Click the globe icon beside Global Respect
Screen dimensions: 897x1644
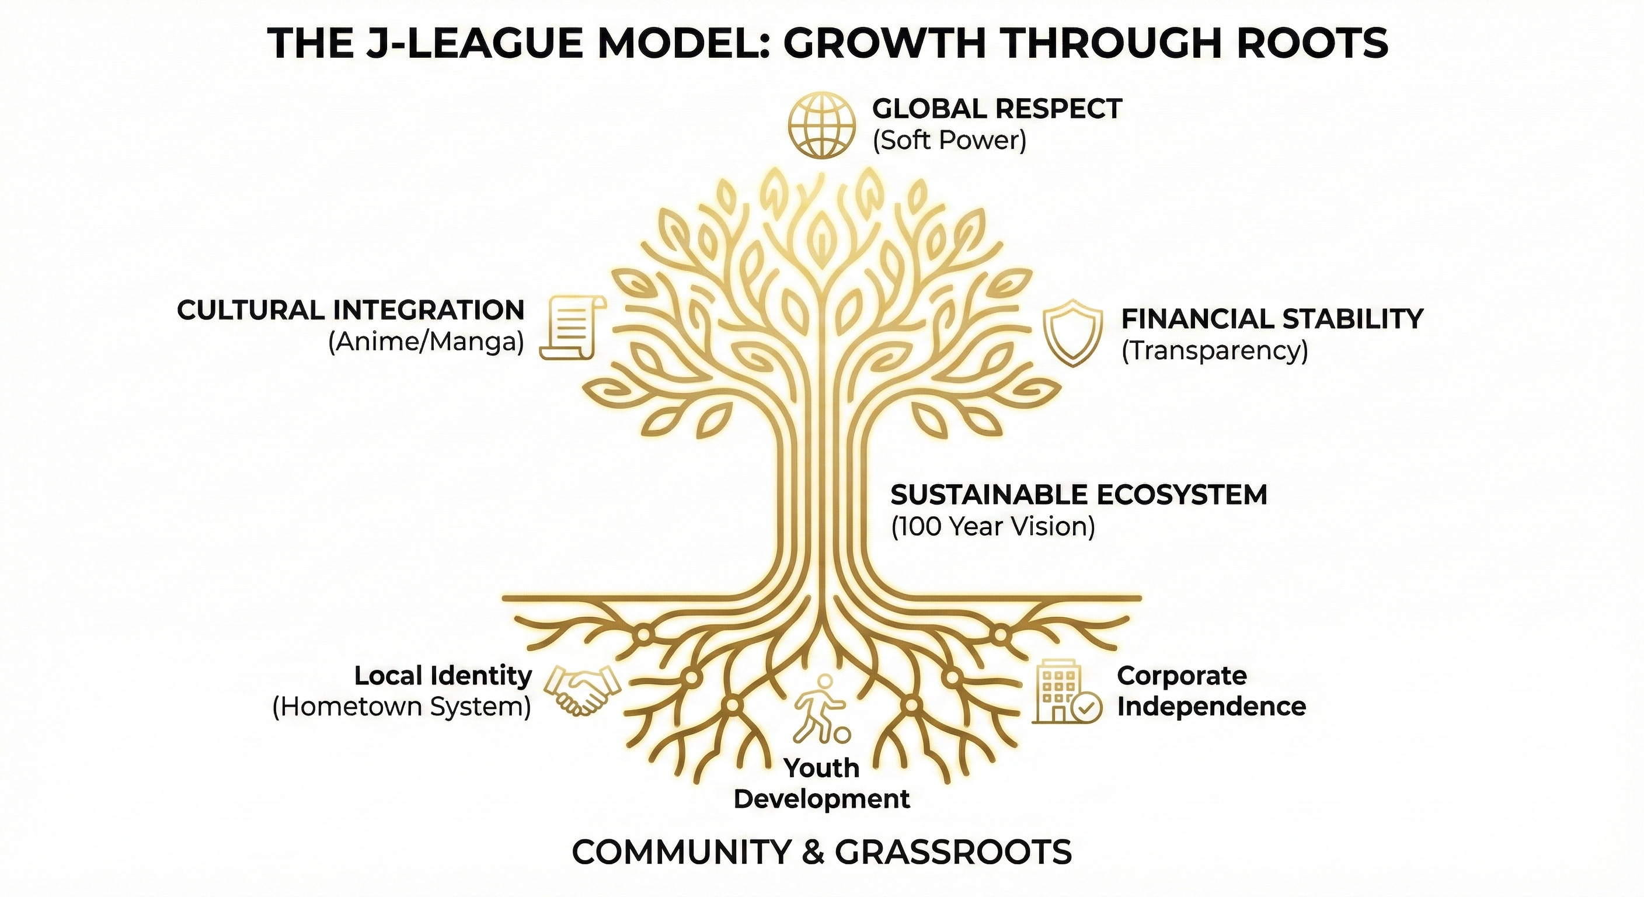point(821,125)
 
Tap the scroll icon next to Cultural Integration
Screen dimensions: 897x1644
point(573,327)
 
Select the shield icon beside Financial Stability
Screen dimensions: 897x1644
point(1073,335)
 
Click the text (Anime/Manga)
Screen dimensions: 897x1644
point(426,343)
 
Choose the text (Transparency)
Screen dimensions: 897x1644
point(1214,351)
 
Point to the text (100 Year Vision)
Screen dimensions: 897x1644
point(992,527)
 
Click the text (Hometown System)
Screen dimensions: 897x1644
point(402,707)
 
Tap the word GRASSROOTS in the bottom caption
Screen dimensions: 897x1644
point(953,851)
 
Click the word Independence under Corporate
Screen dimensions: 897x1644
point(1211,707)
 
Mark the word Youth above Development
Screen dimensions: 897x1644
point(822,768)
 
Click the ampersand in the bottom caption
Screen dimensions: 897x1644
point(812,851)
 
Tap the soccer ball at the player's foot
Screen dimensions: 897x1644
point(842,735)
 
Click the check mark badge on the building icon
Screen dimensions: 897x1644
point(1086,707)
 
